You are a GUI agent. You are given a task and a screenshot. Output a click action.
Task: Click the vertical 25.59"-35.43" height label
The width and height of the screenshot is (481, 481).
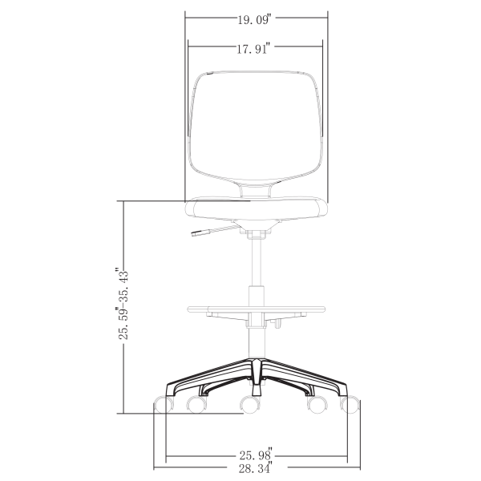(x=123, y=304)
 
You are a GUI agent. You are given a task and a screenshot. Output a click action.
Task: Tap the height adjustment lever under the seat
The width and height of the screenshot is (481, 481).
(x=207, y=233)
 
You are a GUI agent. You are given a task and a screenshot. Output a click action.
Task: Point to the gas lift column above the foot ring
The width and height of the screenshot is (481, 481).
(x=257, y=265)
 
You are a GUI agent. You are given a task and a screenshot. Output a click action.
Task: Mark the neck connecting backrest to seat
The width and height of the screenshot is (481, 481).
(x=257, y=190)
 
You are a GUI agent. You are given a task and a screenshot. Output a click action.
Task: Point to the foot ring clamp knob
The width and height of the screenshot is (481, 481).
(x=277, y=324)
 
